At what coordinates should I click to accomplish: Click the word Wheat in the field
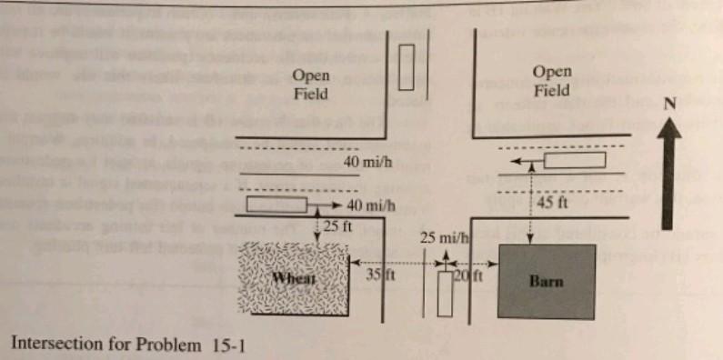296,278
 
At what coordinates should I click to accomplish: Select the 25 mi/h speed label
443,238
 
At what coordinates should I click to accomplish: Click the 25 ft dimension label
336,225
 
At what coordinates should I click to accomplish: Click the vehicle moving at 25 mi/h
445,292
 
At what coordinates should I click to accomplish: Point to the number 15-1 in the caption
226,345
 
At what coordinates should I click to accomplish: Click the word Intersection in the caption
54,345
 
